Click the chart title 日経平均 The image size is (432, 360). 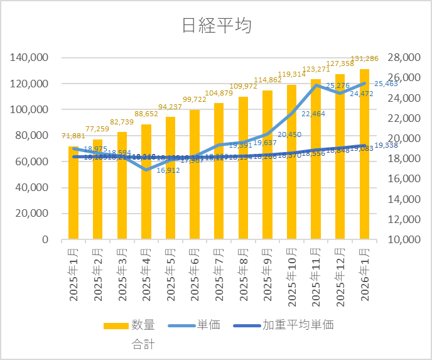pos(216,26)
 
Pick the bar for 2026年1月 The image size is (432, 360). pos(364,157)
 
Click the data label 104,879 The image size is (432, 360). pos(219,94)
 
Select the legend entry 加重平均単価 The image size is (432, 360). pos(298,325)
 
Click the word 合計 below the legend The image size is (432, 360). pos(143,344)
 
